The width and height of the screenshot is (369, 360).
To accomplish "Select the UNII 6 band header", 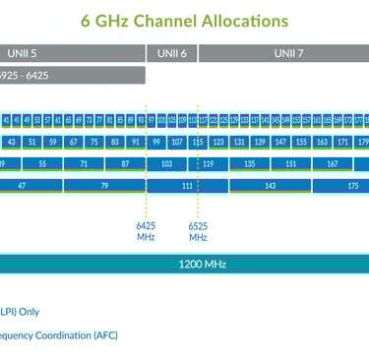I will [x=171, y=52].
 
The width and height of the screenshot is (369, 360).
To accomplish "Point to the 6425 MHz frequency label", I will [x=146, y=230].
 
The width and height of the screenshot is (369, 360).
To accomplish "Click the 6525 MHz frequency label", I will [x=198, y=230].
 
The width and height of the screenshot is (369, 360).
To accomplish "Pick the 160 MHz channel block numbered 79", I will [x=103, y=185].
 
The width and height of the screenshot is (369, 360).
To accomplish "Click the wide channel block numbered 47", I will [x=22, y=185].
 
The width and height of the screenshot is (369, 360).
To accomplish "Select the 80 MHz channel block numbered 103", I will [x=166, y=163].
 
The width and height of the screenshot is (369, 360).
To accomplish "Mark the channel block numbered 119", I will [x=208, y=163].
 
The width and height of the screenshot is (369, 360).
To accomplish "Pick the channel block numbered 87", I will [x=124, y=163].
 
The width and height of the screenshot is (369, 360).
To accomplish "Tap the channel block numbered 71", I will [x=83, y=163].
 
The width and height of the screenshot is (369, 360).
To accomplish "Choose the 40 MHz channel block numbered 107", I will [x=177, y=142].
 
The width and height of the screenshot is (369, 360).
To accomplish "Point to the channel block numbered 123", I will [x=218, y=142].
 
